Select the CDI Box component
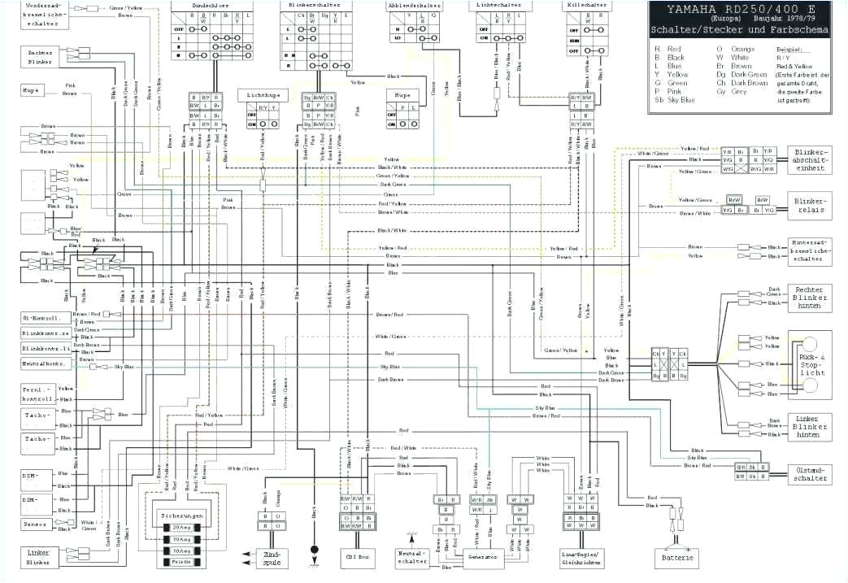click(x=357, y=557)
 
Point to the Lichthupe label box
click(x=263, y=96)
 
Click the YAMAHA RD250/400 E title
click(x=738, y=14)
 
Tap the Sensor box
click(x=37, y=524)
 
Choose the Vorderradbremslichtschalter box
click(x=41, y=15)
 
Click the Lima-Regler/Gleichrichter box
click(x=581, y=557)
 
